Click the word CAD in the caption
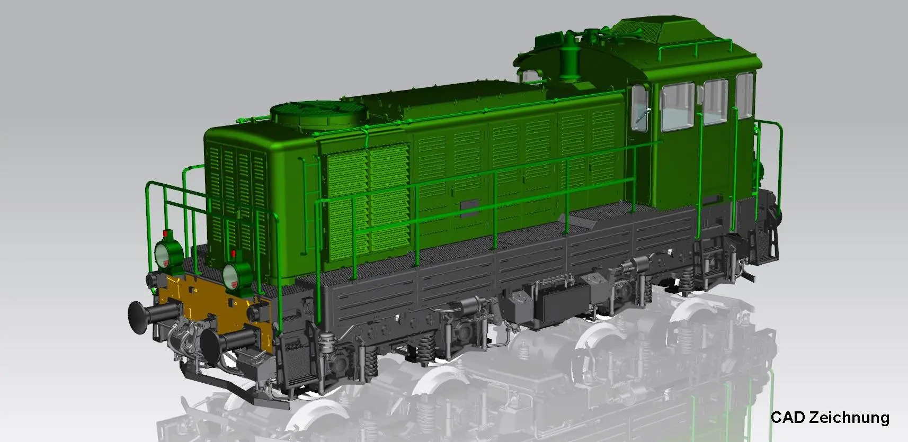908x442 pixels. (x=788, y=417)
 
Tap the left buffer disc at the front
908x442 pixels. (x=137, y=318)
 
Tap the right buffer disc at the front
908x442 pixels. (x=210, y=346)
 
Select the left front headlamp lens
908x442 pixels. (x=162, y=255)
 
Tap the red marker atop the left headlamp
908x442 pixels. (x=165, y=233)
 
